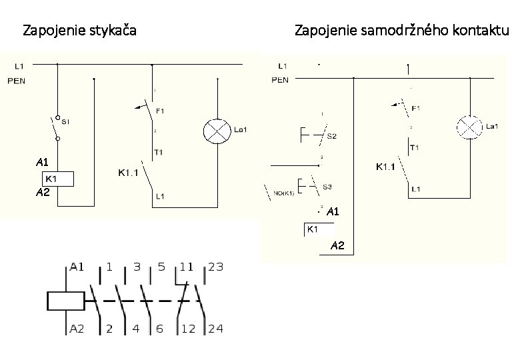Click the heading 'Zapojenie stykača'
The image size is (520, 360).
(79, 30)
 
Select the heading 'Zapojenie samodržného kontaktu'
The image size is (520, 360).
(401, 30)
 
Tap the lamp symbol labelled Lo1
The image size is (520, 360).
(216, 129)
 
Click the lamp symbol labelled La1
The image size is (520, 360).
(469, 126)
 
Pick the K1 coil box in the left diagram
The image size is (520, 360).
(57, 179)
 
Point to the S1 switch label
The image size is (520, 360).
(66, 122)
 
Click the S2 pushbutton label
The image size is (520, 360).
(331, 136)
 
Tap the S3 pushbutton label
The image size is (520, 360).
(327, 187)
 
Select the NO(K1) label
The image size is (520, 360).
(285, 194)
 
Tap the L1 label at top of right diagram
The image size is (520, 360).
(283, 65)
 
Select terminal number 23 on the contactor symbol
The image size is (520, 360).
(215, 267)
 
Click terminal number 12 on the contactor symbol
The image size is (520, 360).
(187, 329)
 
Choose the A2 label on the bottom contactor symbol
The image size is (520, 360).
(77, 329)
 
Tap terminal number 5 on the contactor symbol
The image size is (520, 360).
(161, 267)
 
